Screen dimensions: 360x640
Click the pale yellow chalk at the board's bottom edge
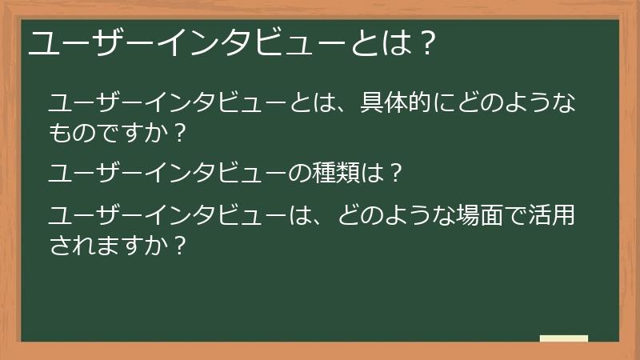click(x=564, y=338)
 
